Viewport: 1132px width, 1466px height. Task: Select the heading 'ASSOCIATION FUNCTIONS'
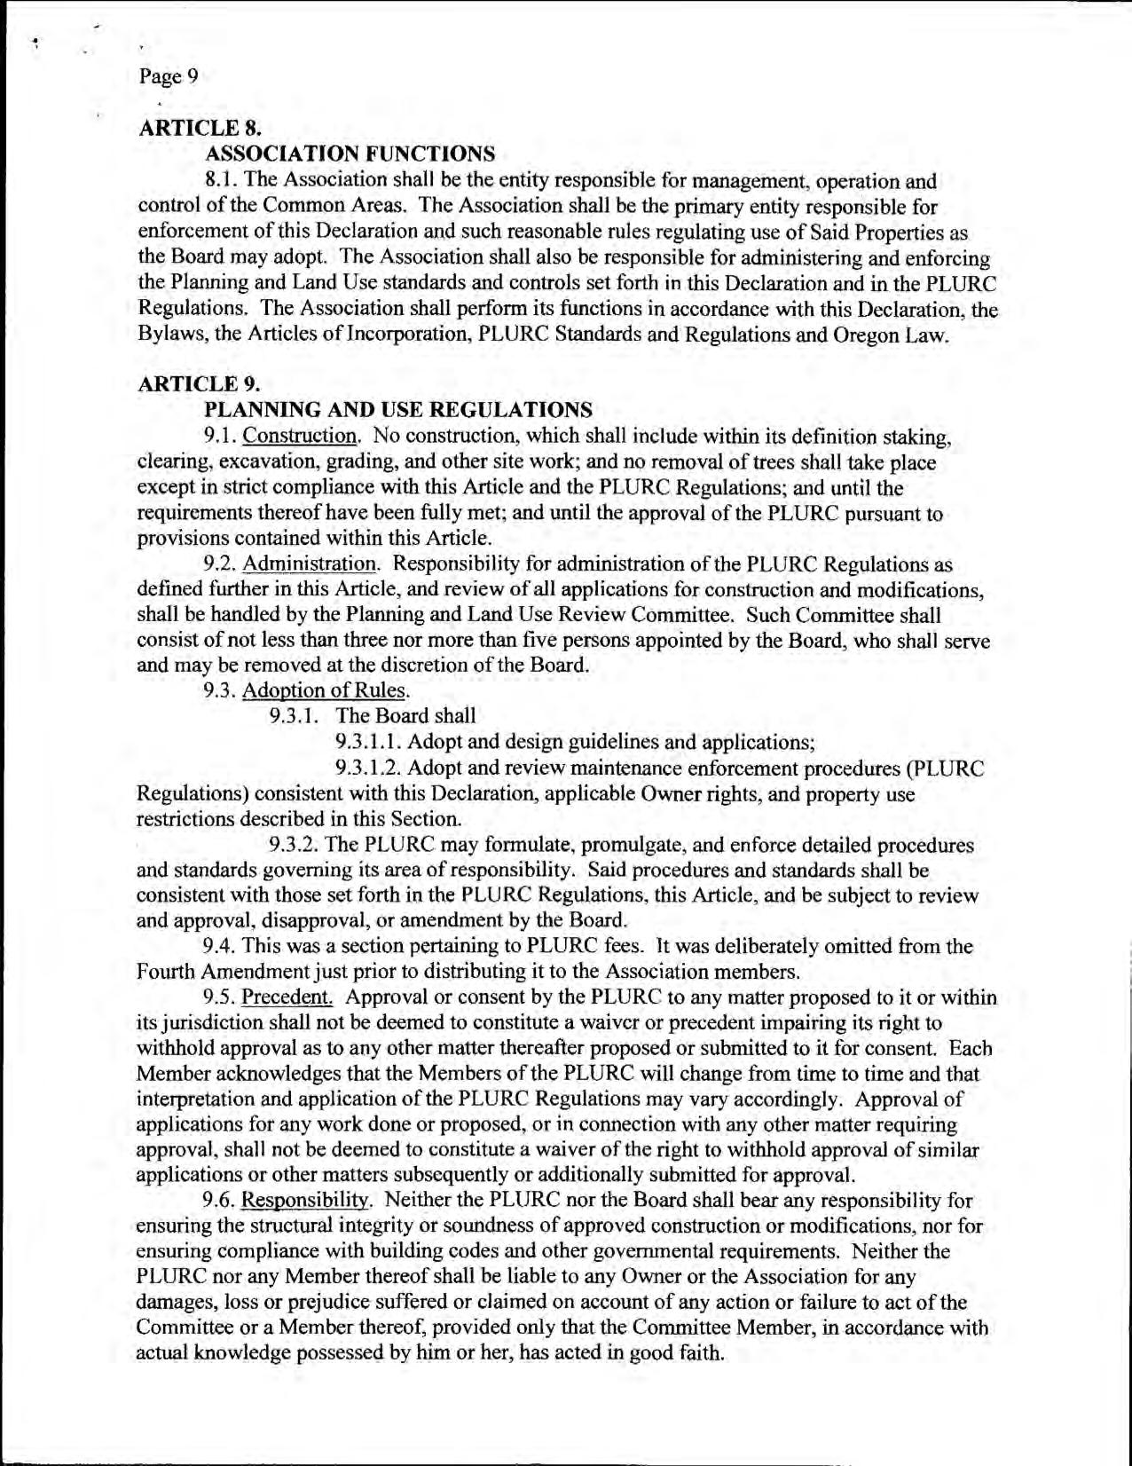click(x=350, y=154)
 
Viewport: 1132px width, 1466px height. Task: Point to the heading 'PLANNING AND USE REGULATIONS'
click(x=398, y=410)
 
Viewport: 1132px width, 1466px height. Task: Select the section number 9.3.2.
click(x=295, y=845)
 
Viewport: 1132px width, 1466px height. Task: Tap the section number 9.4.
click(x=219, y=947)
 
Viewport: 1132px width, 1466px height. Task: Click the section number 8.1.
click(x=220, y=181)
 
